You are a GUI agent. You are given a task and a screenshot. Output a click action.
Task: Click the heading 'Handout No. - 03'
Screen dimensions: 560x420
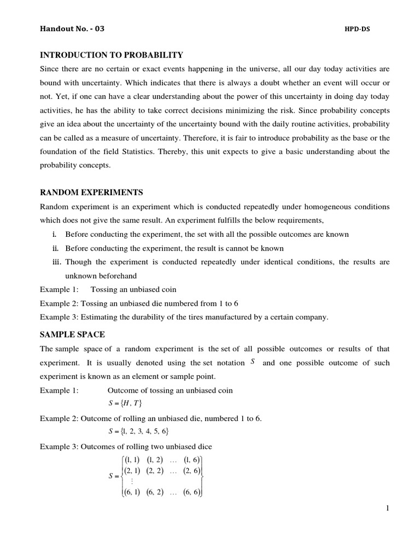72,29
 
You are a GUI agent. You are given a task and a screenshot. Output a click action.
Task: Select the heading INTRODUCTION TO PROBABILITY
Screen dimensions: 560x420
112,55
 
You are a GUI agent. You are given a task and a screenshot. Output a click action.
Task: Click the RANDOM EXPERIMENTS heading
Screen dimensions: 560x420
91,192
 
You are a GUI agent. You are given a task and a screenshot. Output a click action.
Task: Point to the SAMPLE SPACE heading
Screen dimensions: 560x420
72,334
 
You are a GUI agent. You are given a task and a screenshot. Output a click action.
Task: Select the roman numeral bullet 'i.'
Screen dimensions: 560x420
55,234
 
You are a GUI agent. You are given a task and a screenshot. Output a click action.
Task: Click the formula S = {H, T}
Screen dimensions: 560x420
121,404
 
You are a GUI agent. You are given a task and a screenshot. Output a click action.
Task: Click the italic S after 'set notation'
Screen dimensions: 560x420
253,362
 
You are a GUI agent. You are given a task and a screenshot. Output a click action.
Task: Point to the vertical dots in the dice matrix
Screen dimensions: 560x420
132,481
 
